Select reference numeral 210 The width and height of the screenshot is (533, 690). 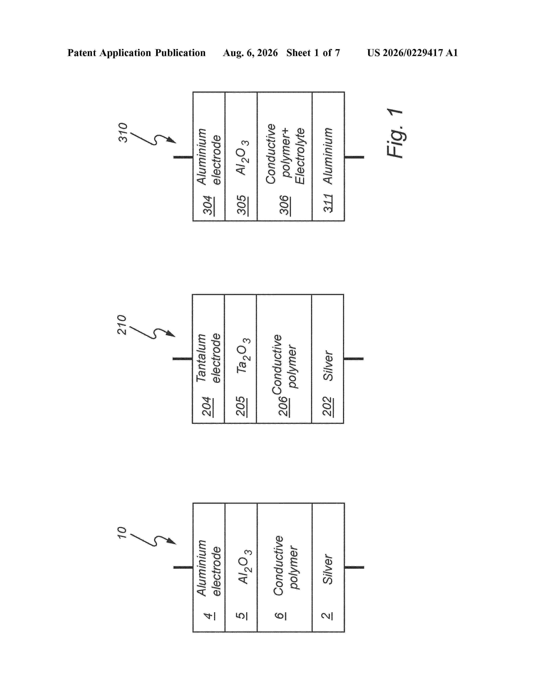pos(122,325)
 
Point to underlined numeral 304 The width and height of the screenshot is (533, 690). pos(208,206)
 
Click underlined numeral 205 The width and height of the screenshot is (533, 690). pos(242,407)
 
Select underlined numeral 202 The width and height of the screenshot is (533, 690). pos(328,407)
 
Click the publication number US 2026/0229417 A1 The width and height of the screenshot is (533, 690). pos(412,53)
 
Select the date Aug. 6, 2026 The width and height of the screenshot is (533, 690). pos(250,53)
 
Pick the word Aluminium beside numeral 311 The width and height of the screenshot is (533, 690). pos(328,156)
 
